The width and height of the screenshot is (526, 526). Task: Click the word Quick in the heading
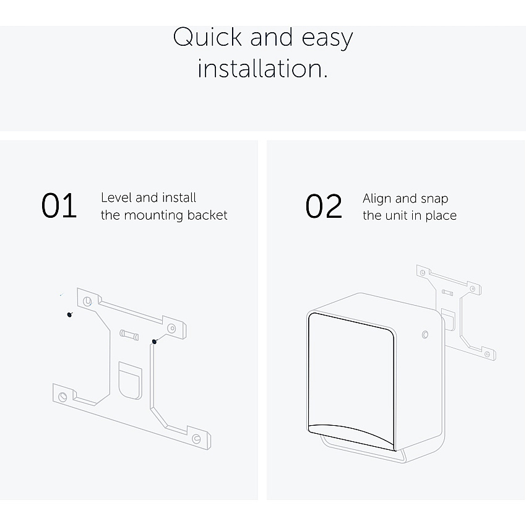tap(207, 37)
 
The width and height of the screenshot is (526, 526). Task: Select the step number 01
tap(59, 205)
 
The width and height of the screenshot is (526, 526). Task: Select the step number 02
tap(324, 206)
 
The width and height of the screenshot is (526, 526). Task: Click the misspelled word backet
tap(207, 215)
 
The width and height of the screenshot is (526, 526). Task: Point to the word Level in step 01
tap(116, 197)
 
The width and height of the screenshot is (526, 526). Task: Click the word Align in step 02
tap(377, 199)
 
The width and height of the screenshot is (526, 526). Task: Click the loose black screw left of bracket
tap(69, 314)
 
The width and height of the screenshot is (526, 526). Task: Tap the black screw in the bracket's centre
tap(154, 342)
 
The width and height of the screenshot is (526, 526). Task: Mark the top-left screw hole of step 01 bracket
tap(87, 301)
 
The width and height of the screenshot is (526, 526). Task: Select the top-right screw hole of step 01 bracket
tap(171, 328)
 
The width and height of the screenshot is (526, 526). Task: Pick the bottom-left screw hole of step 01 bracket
tap(63, 397)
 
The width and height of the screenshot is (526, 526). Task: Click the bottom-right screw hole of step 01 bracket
tap(196, 439)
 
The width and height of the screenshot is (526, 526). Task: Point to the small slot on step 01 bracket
tap(129, 335)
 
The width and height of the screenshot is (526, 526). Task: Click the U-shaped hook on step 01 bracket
tap(130, 381)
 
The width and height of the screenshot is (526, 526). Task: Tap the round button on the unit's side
tap(425, 334)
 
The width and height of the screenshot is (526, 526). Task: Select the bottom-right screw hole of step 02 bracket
tap(488, 354)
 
